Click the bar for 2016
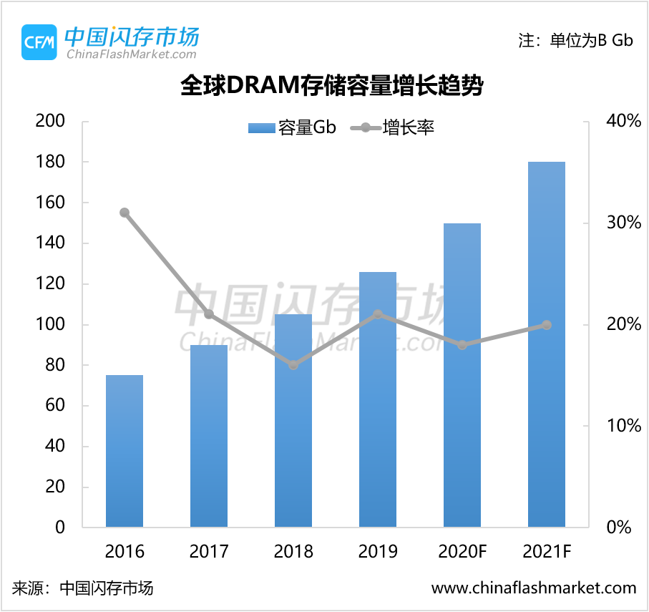[x=125, y=451]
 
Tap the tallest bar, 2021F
[x=547, y=344]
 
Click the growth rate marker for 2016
[x=125, y=213]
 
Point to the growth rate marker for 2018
[x=293, y=365]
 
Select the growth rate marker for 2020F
[x=462, y=345]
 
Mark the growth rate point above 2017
[x=209, y=314]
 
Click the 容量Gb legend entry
[x=292, y=128]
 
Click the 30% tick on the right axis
[x=623, y=223]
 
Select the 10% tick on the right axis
[x=623, y=426]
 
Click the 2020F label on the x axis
[x=462, y=552]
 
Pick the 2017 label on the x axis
[x=209, y=552]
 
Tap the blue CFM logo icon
[x=39, y=42]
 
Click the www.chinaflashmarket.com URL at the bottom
[x=534, y=588]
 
